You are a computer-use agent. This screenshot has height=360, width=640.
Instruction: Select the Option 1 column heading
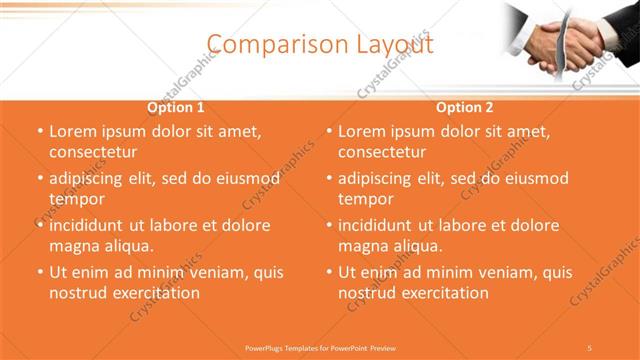click(176, 108)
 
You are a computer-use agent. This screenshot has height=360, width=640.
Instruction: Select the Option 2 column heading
click(465, 108)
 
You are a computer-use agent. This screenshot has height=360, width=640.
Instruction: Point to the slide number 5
click(590, 347)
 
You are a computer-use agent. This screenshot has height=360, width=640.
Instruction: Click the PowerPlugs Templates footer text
click(320, 347)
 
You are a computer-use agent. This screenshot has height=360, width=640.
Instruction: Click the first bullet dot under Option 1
click(41, 131)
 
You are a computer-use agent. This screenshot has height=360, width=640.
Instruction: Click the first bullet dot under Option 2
click(330, 131)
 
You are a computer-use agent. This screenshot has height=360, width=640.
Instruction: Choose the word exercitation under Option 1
click(154, 293)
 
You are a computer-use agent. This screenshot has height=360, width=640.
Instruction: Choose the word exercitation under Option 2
click(443, 293)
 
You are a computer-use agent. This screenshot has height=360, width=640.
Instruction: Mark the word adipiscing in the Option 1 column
click(91, 179)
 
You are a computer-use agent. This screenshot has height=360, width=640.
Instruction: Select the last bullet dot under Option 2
click(330, 272)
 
